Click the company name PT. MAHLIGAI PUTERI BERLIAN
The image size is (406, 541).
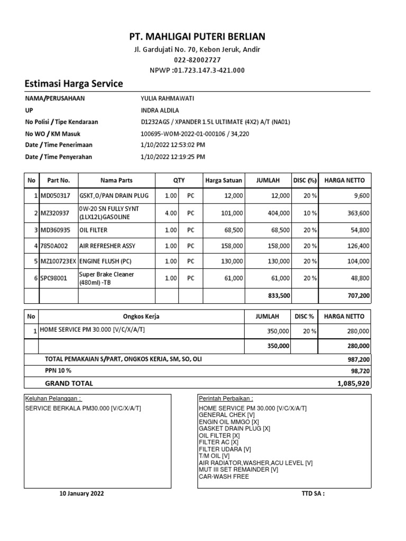tap(198, 36)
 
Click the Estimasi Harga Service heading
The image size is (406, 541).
tap(74, 83)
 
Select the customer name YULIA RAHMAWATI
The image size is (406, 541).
tap(164, 98)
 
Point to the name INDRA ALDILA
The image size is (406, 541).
tap(159, 110)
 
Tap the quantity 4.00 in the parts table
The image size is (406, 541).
tap(170, 213)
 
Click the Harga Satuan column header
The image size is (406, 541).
tap(224, 180)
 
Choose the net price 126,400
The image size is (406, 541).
tap(358, 246)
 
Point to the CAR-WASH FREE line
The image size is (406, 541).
tap(224, 477)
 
